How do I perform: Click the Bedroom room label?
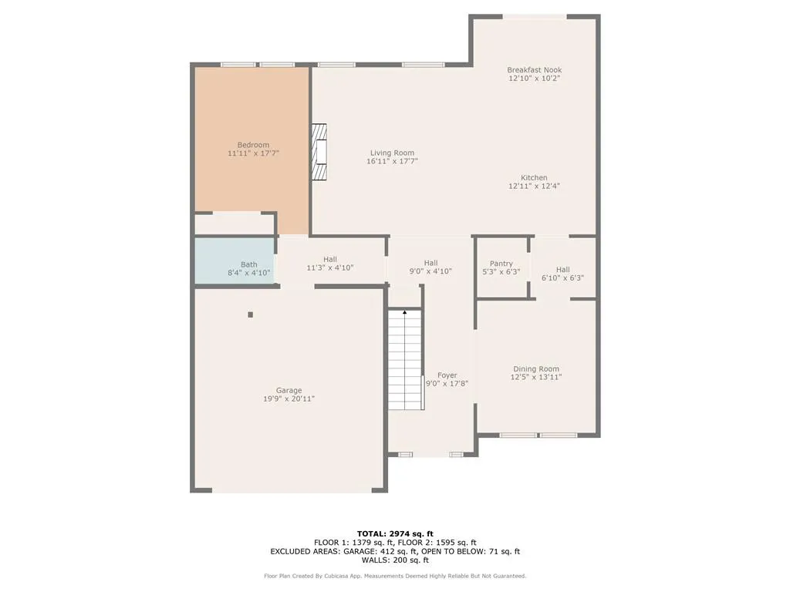coord(253,145)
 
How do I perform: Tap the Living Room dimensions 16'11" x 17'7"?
coord(392,161)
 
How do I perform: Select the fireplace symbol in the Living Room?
coord(319,152)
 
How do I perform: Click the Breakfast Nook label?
coord(534,69)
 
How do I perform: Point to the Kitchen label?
coord(534,177)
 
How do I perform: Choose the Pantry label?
coord(501,264)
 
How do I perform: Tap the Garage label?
coord(289,390)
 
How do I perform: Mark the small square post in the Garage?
coord(250,314)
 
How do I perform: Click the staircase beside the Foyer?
coord(405,361)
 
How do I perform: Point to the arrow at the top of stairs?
coord(405,312)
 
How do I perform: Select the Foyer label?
coord(447,375)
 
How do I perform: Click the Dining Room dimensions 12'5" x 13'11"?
coord(536,377)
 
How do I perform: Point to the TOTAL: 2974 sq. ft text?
coord(395,533)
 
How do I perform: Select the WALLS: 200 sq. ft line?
coord(395,560)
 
